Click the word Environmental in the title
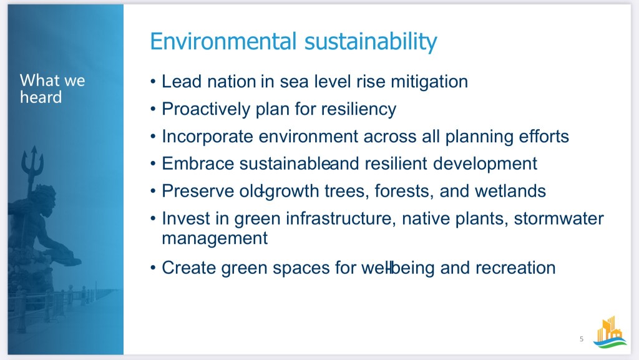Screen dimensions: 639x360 click(x=223, y=41)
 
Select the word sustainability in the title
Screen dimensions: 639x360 click(x=371, y=42)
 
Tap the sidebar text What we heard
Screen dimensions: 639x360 click(x=52, y=89)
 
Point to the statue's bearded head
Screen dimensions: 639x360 click(x=44, y=200)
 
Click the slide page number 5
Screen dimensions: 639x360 click(x=582, y=339)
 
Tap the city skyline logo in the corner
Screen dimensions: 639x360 click(x=610, y=332)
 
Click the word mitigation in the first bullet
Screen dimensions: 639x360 click(x=429, y=82)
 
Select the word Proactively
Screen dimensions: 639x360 click(x=206, y=110)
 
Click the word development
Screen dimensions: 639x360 click(x=485, y=164)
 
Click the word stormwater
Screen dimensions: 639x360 click(x=559, y=219)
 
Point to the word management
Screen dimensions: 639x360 click(x=215, y=238)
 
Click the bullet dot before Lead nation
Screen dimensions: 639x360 click(x=153, y=82)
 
